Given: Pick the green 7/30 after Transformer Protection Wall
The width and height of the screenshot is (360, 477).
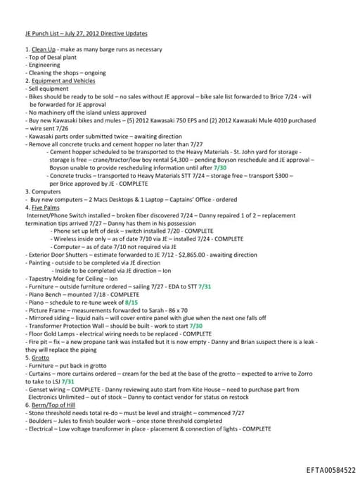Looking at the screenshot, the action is tap(195, 326).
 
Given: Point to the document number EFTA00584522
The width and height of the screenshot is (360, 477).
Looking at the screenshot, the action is tap(331, 469).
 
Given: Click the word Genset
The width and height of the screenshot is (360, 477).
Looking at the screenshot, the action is tap(38, 389).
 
